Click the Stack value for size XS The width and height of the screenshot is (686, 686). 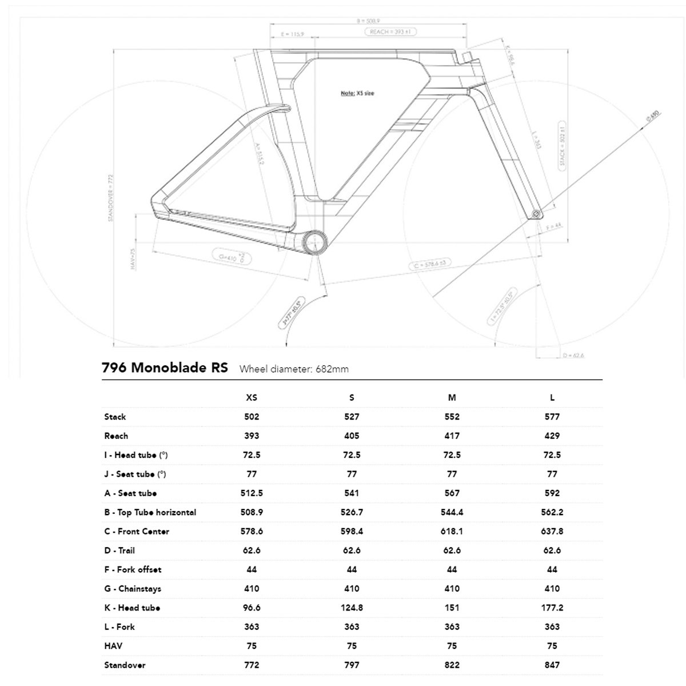(252, 417)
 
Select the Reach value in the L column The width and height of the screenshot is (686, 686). (552, 436)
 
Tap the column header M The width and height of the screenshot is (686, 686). (452, 397)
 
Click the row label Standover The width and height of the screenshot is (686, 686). (125, 665)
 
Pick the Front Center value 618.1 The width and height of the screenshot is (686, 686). (452, 531)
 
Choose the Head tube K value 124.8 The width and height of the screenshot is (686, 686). (352, 608)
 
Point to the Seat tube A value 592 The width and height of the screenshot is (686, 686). (552, 493)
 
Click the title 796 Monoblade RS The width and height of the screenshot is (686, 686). (165, 368)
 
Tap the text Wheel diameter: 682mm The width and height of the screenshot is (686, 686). (294, 369)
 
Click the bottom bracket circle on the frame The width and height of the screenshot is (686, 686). (314, 243)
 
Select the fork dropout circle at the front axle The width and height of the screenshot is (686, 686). (536, 213)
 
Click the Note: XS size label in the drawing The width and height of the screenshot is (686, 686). (357, 93)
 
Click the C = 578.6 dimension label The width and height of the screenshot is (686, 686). (430, 264)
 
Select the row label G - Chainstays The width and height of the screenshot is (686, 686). (133, 588)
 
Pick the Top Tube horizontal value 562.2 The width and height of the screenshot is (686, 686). (552, 512)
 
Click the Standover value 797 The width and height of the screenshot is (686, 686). (352, 665)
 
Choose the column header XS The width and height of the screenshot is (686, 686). (252, 397)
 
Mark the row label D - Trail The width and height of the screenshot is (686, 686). (119, 550)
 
